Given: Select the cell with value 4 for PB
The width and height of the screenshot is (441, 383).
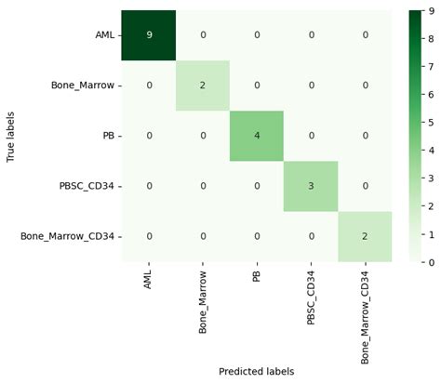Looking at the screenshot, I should coord(256,136).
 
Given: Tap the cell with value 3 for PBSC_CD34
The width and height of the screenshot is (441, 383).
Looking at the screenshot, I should coord(311,186).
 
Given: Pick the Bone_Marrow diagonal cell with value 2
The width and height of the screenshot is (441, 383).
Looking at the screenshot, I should coord(202,86).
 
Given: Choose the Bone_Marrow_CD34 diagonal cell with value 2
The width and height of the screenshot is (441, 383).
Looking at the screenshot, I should coord(365,236).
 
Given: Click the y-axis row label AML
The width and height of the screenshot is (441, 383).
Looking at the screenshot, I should coord(104,35).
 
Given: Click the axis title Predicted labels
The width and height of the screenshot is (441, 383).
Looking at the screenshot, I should coord(256,372).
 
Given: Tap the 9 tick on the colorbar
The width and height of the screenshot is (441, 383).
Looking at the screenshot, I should coord(429,11).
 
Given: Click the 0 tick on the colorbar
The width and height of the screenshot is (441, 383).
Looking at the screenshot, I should coord(429,262).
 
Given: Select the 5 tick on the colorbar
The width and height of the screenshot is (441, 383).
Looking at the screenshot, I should coord(429,123).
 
